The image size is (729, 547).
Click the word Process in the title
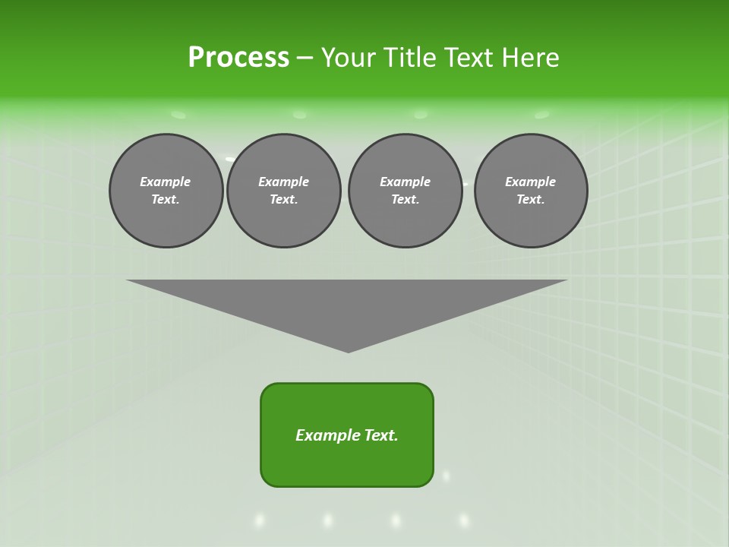[x=238, y=58]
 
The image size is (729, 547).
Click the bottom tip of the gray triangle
[x=349, y=351]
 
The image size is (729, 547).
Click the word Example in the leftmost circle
[x=166, y=182]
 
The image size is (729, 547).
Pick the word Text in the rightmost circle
[x=531, y=200]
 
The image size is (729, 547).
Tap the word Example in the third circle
[x=405, y=182]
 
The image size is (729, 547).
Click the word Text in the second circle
[x=283, y=200]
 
